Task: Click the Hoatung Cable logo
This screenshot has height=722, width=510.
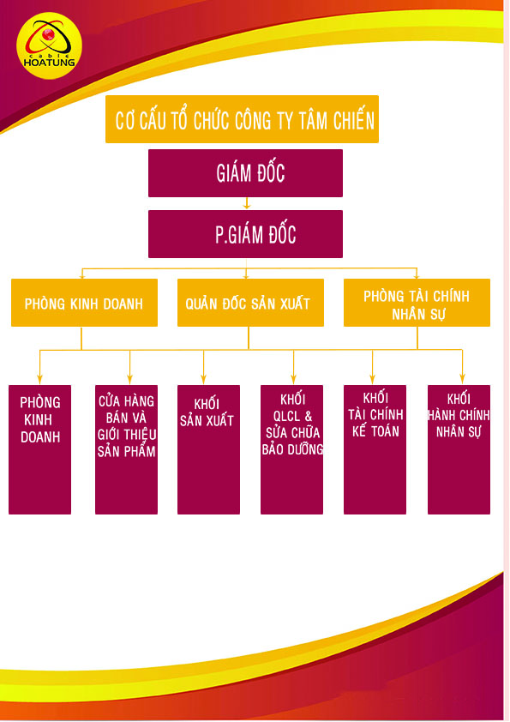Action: click(x=49, y=45)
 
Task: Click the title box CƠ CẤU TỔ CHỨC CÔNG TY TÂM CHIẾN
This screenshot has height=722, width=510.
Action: click(x=242, y=119)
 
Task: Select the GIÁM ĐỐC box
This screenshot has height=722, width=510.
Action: click(x=245, y=173)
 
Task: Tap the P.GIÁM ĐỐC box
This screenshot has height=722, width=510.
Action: click(x=245, y=234)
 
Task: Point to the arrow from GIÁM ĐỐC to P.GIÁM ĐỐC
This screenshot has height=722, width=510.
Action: click(x=247, y=203)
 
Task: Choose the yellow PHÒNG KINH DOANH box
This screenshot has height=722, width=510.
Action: click(x=84, y=303)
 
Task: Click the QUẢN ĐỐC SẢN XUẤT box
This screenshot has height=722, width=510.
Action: click(x=250, y=303)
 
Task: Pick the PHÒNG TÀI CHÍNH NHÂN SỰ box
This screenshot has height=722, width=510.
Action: click(x=417, y=303)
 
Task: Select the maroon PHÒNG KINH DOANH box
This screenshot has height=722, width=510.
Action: click(x=39, y=449)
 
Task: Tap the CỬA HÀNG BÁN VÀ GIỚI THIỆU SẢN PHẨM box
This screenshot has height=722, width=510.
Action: click(x=126, y=449)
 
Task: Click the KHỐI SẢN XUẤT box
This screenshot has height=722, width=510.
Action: click(x=208, y=449)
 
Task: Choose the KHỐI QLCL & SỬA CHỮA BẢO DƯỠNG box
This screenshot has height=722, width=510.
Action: click(x=291, y=449)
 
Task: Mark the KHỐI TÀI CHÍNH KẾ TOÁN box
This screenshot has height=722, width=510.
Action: click(x=375, y=449)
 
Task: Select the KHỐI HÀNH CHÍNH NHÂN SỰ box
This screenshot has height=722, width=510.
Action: click(x=459, y=449)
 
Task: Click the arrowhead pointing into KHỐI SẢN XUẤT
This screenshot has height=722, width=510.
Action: click(x=203, y=380)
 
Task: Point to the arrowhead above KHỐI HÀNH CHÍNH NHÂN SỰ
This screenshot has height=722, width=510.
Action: click(x=462, y=380)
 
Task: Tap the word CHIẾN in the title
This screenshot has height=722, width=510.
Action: click(x=354, y=121)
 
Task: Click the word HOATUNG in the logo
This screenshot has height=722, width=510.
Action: click(x=49, y=62)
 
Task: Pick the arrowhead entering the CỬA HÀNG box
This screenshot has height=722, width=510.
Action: click(x=129, y=380)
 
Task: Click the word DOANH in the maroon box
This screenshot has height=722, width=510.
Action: click(x=40, y=437)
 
